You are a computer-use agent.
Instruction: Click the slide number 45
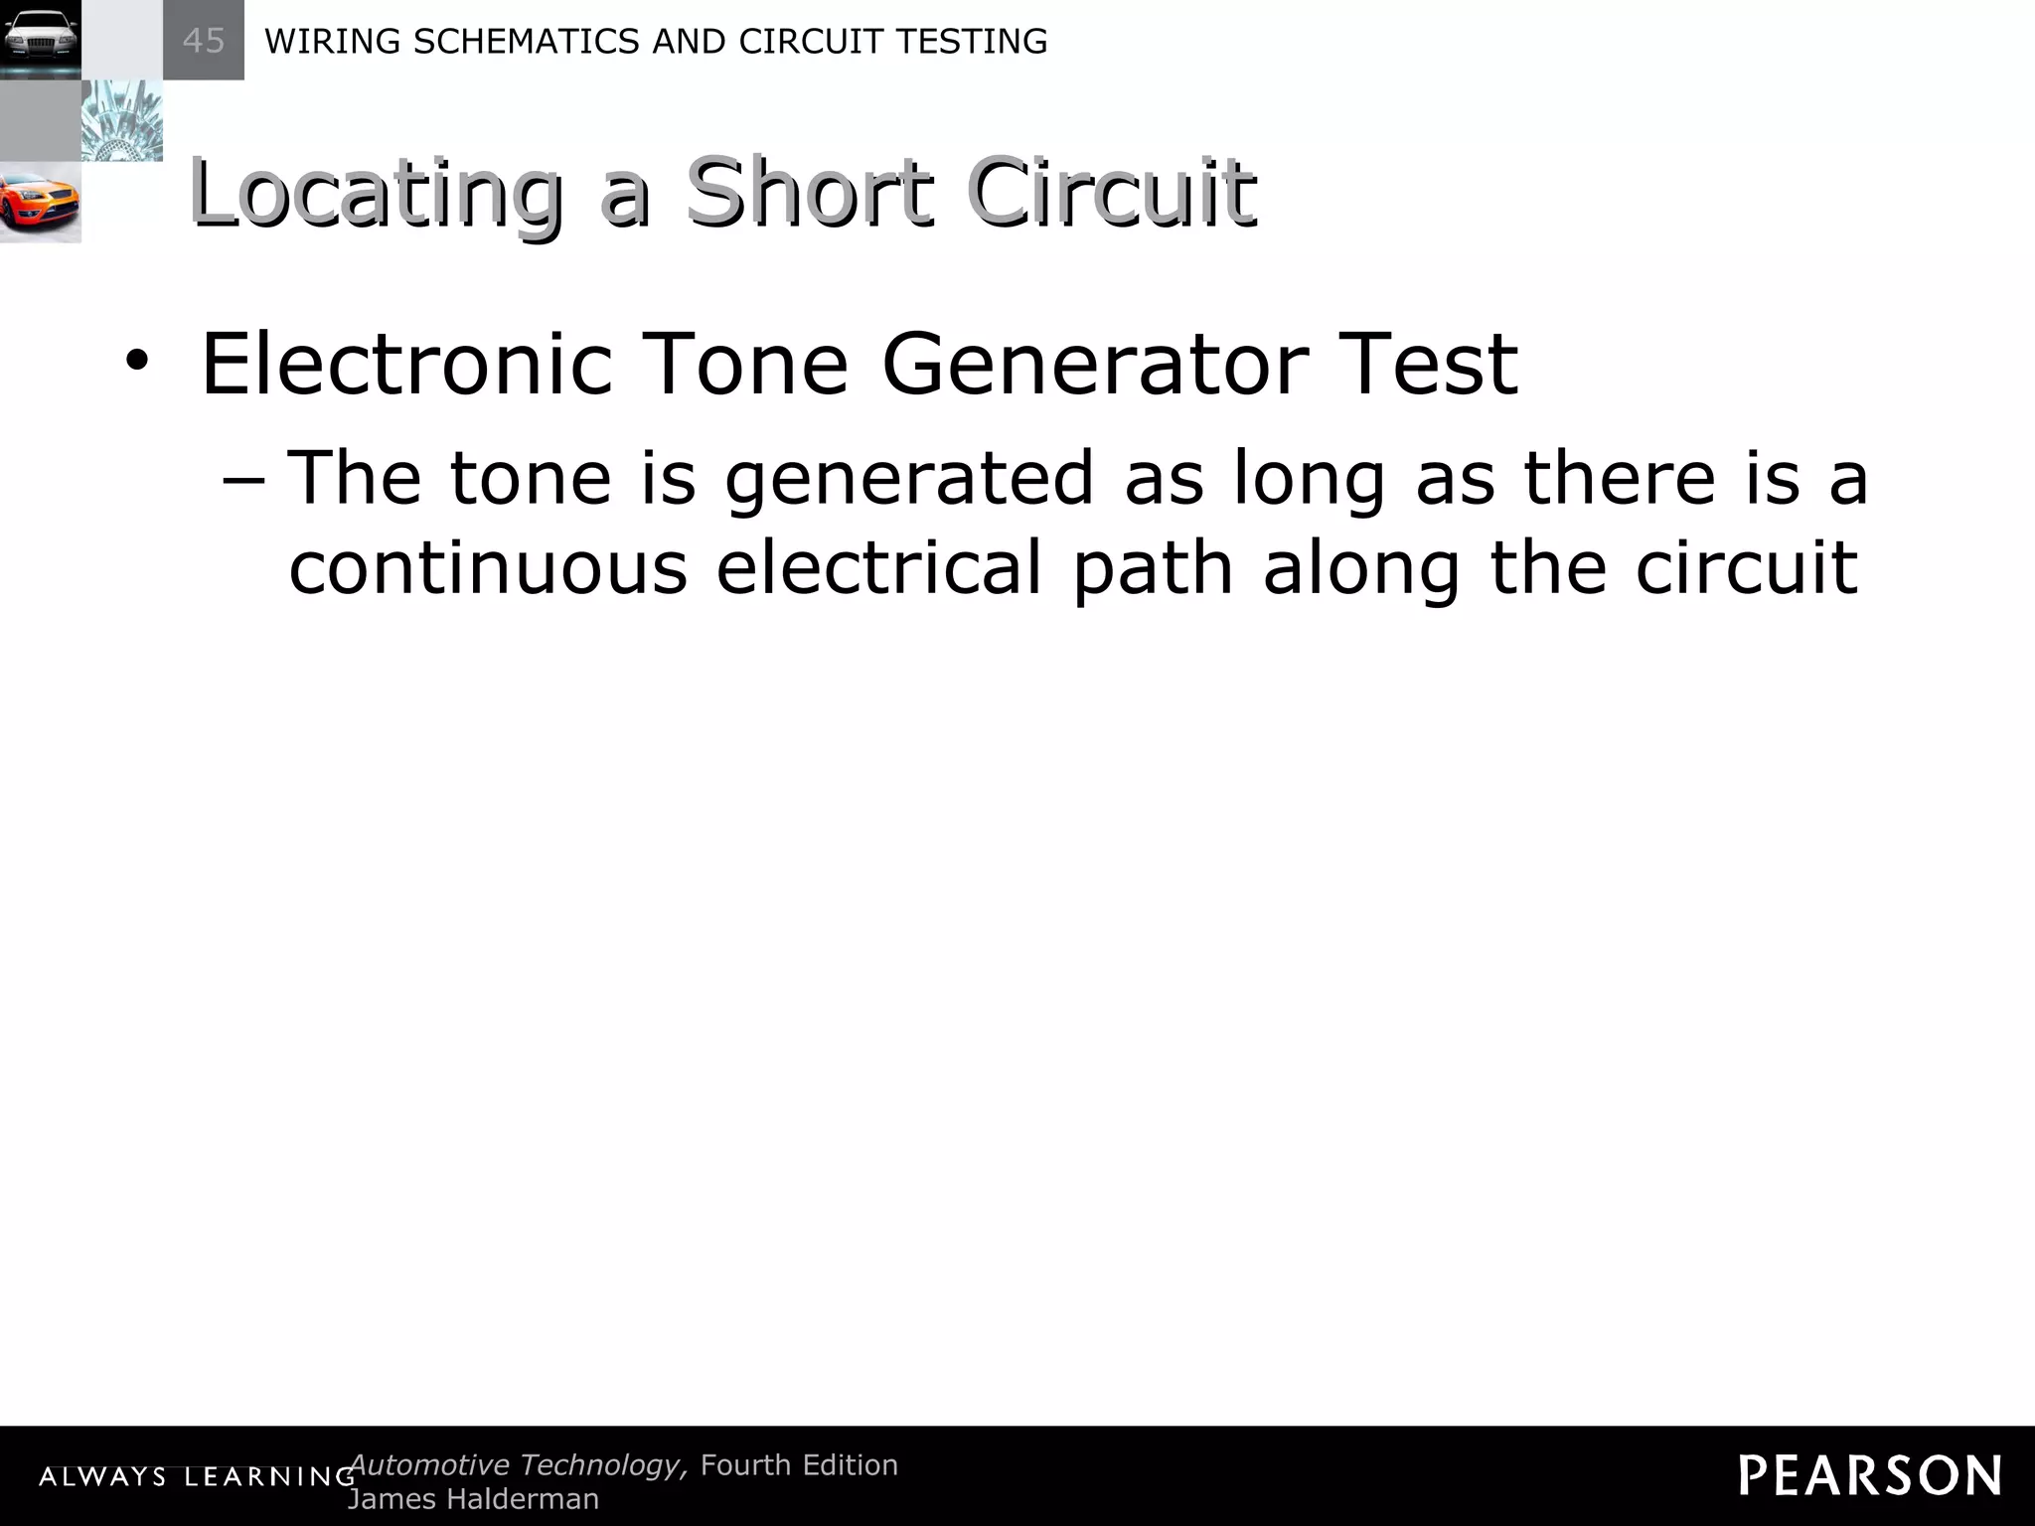[x=204, y=41]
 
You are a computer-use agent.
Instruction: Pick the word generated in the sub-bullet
[x=908, y=480]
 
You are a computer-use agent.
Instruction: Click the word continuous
[x=488, y=567]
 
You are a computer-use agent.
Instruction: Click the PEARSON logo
[x=1870, y=1475]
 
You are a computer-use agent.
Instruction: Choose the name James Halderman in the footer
[x=473, y=1498]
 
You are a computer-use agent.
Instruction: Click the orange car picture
[x=40, y=203]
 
